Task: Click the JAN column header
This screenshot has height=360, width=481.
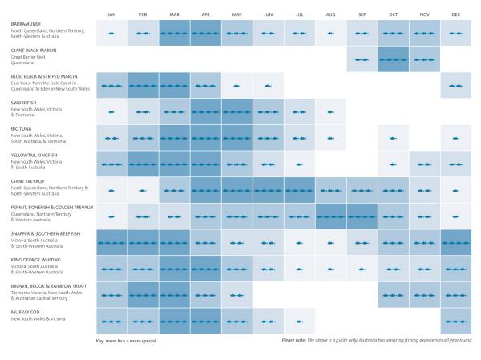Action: (x=111, y=14)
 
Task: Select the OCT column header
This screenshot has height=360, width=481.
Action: (x=394, y=14)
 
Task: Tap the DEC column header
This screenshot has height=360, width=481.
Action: (x=456, y=14)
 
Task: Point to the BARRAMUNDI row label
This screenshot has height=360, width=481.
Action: (x=27, y=24)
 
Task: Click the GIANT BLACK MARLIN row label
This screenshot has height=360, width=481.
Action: (x=35, y=51)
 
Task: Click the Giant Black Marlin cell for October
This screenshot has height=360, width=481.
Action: (x=394, y=59)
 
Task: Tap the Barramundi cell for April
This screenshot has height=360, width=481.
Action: (x=206, y=33)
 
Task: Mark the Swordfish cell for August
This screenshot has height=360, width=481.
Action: (x=331, y=111)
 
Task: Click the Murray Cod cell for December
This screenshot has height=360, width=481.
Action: (x=456, y=321)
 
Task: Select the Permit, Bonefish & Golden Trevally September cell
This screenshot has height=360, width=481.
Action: (x=362, y=216)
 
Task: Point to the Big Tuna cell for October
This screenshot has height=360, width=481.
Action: (x=394, y=138)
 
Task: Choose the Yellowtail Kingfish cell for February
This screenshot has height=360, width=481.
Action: (x=143, y=164)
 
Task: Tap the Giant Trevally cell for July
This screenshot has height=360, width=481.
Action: (x=300, y=190)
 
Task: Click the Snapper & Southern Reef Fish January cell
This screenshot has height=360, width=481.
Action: (x=111, y=242)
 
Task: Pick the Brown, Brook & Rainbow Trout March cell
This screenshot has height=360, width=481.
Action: (x=174, y=294)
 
